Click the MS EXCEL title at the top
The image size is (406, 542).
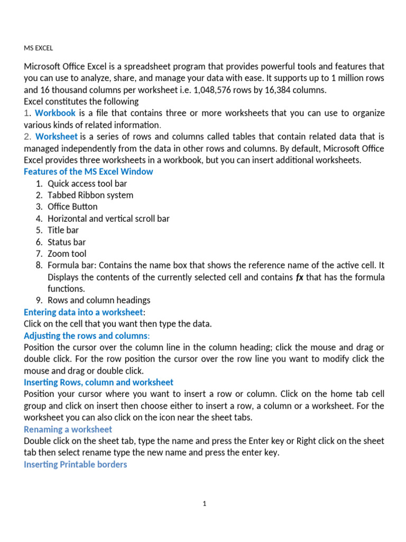(x=39, y=48)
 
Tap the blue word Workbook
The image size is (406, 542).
(x=55, y=113)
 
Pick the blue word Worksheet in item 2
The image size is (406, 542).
(x=56, y=137)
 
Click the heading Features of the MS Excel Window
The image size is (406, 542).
(x=88, y=171)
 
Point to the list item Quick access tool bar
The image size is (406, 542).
(x=87, y=183)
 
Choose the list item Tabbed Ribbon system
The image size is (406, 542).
(x=90, y=195)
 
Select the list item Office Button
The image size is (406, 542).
(x=72, y=206)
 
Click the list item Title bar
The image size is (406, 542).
(x=63, y=230)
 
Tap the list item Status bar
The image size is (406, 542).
(x=67, y=242)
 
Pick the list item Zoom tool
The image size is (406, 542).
(x=67, y=254)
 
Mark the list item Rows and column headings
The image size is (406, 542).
(x=99, y=300)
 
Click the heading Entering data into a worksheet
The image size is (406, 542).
(x=83, y=312)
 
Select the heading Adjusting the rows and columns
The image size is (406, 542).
(x=86, y=336)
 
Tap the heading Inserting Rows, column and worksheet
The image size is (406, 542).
(x=98, y=382)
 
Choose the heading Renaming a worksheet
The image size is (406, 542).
(x=68, y=429)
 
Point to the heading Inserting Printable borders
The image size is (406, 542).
(x=75, y=464)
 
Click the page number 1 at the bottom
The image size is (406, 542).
(x=204, y=503)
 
